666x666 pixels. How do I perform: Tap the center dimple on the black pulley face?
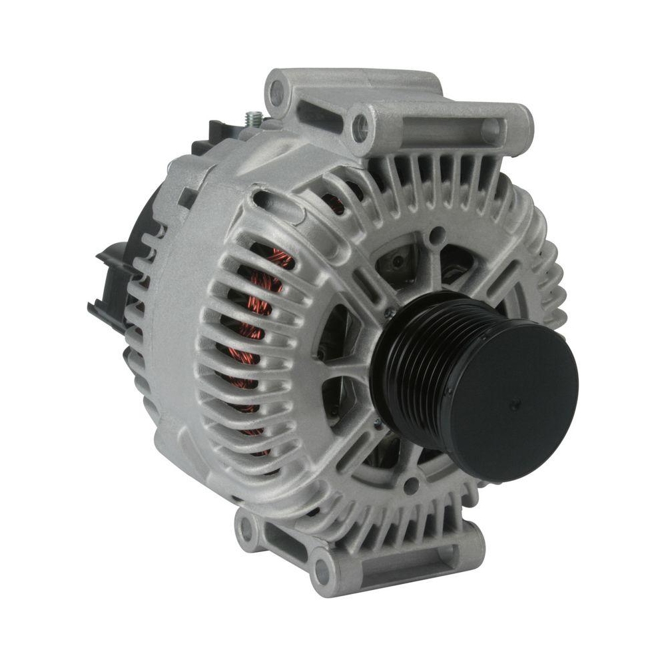pyautogui.click(x=514, y=403)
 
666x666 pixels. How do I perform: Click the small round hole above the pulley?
pyautogui.click(x=436, y=234)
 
